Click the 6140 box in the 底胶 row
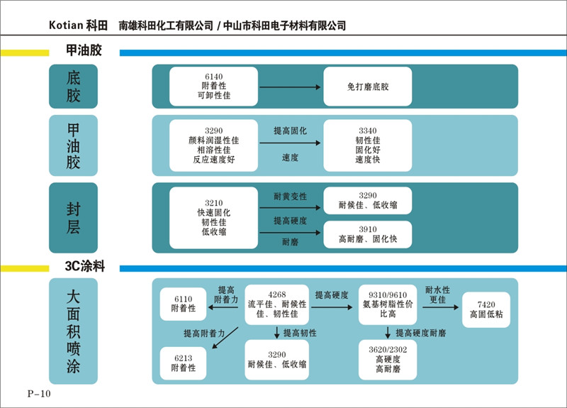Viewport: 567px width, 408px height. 213,87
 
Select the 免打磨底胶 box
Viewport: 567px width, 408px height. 368,87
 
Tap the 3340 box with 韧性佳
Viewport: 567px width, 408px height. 368,145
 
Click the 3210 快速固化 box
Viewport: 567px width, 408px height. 213,217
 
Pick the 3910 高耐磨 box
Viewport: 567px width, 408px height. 368,235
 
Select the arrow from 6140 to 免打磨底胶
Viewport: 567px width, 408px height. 291,87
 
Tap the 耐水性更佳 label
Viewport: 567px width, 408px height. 437,294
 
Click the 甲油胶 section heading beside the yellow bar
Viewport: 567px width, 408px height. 84,53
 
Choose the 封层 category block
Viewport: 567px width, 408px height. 73,218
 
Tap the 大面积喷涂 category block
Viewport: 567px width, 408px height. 73,331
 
